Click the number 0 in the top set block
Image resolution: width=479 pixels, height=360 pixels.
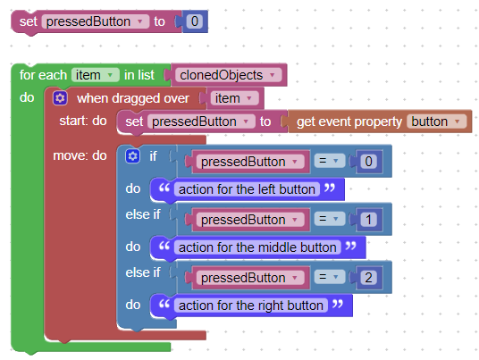coord(195,21)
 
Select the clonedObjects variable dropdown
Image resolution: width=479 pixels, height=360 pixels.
coord(228,75)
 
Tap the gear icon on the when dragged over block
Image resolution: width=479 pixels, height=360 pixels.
coord(60,98)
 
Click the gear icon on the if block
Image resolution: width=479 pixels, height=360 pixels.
coord(132,156)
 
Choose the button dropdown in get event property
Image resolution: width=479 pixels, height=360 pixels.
coord(436,121)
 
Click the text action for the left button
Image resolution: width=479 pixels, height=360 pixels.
coord(247,189)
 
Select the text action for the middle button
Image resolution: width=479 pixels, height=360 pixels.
coord(257,247)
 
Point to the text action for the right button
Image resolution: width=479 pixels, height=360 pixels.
coord(251,306)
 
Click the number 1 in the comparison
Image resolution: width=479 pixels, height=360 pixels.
coord(368,220)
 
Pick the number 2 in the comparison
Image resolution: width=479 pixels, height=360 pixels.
coord(368,278)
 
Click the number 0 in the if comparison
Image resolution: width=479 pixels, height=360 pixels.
coord(368,162)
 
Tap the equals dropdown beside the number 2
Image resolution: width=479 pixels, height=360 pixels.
coord(329,277)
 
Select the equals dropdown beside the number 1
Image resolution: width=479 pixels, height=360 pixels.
coord(329,219)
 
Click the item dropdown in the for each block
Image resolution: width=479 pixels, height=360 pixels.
coord(95,75)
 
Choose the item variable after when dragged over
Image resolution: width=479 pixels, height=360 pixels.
coord(234,98)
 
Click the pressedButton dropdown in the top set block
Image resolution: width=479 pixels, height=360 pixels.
coord(96,21)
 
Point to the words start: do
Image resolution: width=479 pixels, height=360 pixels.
coord(83,121)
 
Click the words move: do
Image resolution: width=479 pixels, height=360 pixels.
coord(80,155)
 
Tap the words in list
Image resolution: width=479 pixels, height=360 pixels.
coord(139,75)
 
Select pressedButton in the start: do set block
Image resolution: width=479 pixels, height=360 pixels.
coord(201,121)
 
